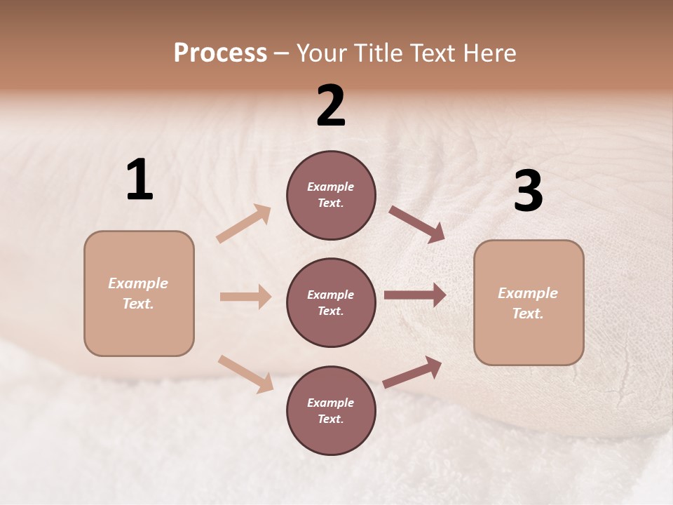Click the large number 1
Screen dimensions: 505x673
[x=140, y=180]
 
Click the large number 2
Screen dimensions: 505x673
[x=331, y=106]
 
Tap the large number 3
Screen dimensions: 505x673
[x=528, y=191]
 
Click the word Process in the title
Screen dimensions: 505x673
[x=220, y=53]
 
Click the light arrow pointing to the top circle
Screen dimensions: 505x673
[x=243, y=224]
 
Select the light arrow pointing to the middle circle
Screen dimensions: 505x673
[x=245, y=297]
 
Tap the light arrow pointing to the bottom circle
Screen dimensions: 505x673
[x=245, y=373]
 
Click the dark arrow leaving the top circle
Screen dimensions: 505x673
[x=416, y=224]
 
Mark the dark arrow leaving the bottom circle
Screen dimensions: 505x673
[x=412, y=372]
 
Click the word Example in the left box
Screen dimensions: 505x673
[x=138, y=283]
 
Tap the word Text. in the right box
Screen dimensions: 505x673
[x=528, y=314]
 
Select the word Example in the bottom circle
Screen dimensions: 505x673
[x=330, y=403]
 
